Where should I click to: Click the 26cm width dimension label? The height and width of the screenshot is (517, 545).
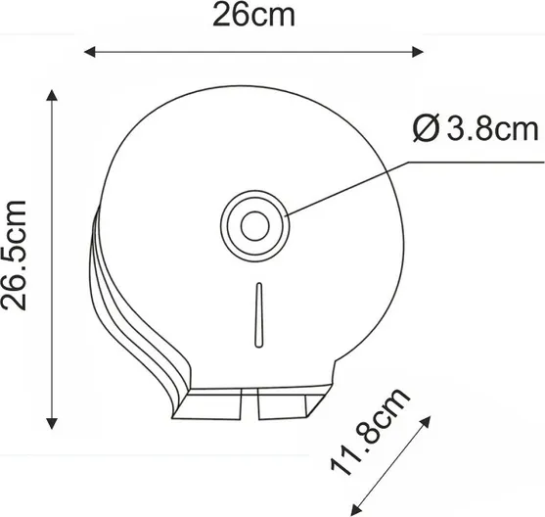coord(253,15)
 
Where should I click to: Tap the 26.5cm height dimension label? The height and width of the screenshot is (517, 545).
coord(14,255)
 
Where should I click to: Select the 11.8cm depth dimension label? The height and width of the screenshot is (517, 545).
coord(370,432)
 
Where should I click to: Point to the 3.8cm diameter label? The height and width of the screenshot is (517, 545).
coord(476,128)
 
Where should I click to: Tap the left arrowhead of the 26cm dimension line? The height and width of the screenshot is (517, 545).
coord(90,52)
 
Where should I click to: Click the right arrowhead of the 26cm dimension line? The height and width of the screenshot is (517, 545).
coord(418,52)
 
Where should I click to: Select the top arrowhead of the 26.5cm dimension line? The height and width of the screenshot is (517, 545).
coord(52,95)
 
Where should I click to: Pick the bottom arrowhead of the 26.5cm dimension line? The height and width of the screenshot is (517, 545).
coord(52,423)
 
